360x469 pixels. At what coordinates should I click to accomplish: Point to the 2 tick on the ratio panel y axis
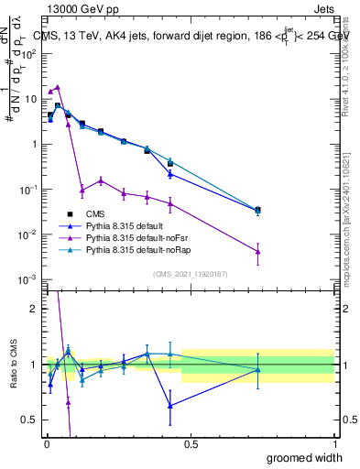(34, 309)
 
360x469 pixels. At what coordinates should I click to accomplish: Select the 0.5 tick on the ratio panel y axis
(30, 420)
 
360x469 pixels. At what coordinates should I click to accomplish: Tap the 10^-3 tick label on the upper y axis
(28, 279)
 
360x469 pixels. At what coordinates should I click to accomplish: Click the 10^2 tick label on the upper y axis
(29, 54)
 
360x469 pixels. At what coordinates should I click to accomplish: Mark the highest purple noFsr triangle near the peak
(58, 87)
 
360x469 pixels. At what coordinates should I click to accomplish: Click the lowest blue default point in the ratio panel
(170, 405)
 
